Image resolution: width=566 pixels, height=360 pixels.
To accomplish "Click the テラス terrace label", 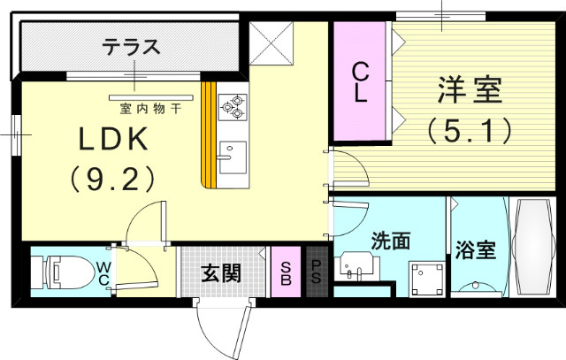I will click(x=130, y=45).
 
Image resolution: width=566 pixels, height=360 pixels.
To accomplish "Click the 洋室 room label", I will click(x=470, y=91).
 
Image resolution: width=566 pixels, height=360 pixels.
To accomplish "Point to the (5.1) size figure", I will click(x=470, y=132).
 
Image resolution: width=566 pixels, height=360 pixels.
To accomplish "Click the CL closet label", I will click(x=361, y=82).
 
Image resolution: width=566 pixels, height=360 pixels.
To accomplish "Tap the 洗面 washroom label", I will click(x=390, y=240).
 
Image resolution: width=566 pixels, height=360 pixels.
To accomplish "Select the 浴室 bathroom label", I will click(x=474, y=250).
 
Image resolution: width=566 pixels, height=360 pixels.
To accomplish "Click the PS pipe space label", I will click(x=316, y=272).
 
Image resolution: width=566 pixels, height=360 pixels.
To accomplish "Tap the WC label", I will click(x=103, y=273).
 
